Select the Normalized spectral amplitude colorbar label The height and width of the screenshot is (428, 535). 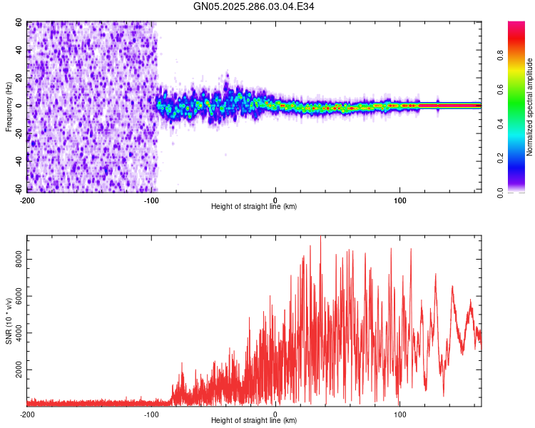pyautogui.click(x=529, y=107)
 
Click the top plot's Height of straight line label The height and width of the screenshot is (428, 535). pyautogui.click(x=254, y=206)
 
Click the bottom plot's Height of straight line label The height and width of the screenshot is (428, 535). pyautogui.click(x=254, y=420)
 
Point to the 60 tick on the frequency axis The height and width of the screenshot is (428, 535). pyautogui.click(x=19, y=23)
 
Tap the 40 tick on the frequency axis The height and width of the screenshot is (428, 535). pyautogui.click(x=19, y=51)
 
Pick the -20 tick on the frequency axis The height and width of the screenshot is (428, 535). pyautogui.click(x=18, y=134)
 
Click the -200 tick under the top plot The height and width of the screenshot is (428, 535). pyautogui.click(x=27, y=199)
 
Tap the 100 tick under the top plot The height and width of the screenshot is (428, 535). pyautogui.click(x=400, y=199)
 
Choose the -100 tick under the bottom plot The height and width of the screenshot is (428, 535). pyautogui.click(x=151, y=414)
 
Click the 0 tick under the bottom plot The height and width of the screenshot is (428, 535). pyautogui.click(x=276, y=414)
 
